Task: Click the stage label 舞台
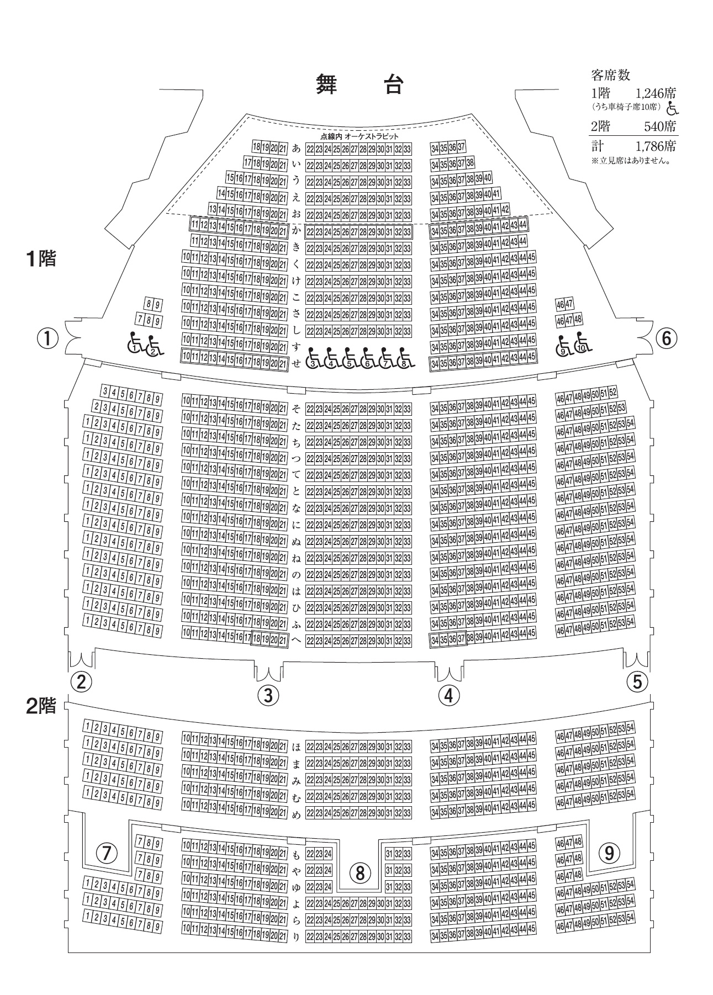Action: tap(360, 84)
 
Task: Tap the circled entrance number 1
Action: tap(48, 338)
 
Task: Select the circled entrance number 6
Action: tap(666, 338)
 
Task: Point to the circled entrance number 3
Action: tap(268, 695)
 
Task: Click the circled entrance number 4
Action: tap(448, 695)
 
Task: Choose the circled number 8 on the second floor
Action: tap(360, 873)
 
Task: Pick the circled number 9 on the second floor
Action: tap(609, 853)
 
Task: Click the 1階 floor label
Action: tap(41, 259)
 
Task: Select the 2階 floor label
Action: tap(41, 706)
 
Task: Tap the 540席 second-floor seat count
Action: tap(661, 126)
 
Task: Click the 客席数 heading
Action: tap(610, 75)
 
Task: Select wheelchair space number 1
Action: tap(135, 345)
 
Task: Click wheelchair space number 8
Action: tap(405, 358)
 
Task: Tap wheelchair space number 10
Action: tap(582, 345)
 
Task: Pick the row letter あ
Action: tap(297, 148)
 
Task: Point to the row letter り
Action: tap(297, 936)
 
